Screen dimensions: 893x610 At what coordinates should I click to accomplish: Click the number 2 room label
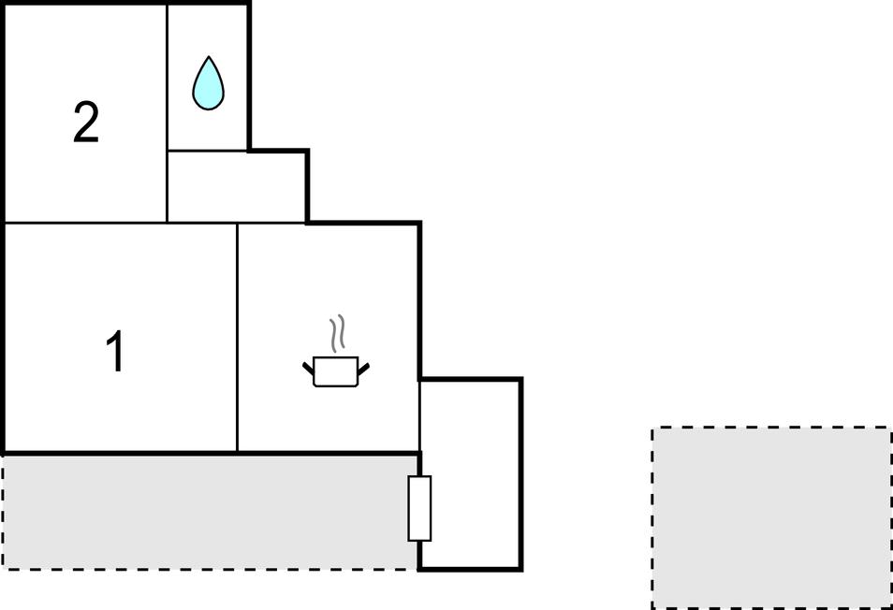[86, 123]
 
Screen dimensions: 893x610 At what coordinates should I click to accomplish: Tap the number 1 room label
[116, 352]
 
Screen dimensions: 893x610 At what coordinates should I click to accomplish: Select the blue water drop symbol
[209, 83]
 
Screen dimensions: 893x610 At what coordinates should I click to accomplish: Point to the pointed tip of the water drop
[209, 57]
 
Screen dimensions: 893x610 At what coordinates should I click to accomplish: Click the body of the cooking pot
[336, 371]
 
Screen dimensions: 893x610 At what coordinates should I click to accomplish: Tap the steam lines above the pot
[337, 332]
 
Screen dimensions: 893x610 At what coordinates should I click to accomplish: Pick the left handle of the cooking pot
[308, 368]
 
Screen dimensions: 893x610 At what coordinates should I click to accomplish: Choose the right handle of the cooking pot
[363, 369]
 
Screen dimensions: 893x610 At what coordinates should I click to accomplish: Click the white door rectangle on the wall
[419, 508]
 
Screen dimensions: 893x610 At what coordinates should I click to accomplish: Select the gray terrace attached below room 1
[210, 512]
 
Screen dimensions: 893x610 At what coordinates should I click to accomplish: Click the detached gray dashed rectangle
[771, 517]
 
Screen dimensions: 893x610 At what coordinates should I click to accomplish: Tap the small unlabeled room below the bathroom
[237, 186]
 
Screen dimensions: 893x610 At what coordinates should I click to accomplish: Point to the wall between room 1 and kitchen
[237, 338]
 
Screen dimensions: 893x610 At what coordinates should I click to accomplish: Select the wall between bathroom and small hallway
[208, 151]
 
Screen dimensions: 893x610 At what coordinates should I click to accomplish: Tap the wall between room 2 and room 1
[85, 223]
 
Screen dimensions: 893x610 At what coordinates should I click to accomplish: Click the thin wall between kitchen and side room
[419, 416]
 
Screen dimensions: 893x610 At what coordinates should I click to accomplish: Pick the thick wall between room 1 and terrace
[120, 454]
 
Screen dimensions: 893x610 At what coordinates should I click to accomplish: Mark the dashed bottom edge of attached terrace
[210, 569]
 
